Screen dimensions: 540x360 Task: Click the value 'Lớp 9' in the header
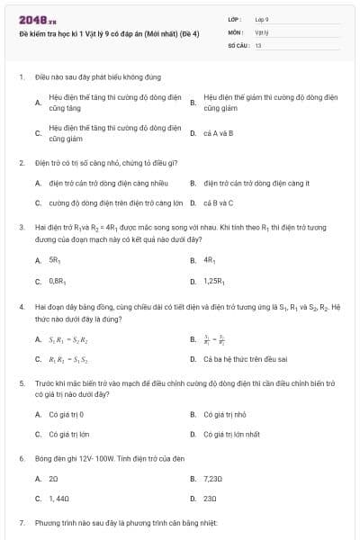click(x=262, y=18)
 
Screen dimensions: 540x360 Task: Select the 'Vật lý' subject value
click(x=261, y=31)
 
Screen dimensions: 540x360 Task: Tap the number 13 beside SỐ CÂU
click(x=257, y=43)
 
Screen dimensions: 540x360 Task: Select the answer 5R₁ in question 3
click(x=53, y=260)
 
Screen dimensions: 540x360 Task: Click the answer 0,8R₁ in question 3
click(x=57, y=282)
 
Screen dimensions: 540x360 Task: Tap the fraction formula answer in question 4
click(x=213, y=339)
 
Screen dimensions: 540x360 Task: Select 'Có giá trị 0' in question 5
click(x=66, y=414)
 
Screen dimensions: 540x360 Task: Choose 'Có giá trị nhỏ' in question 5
click(x=224, y=414)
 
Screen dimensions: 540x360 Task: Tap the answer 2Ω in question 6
click(x=53, y=478)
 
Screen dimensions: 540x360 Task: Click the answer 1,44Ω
click(x=58, y=498)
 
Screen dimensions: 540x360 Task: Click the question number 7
click(x=21, y=523)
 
